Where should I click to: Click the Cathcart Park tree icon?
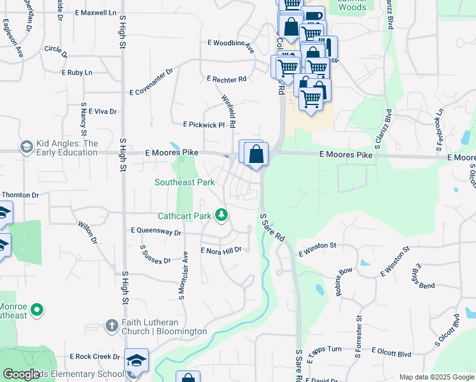pos(221,215)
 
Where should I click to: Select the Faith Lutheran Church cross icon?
pos(111,326)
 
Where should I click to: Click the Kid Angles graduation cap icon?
pos(26,148)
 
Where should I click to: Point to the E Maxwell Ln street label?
pos(95,13)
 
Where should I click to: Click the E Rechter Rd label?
pos(227,80)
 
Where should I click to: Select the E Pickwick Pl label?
pos(204,125)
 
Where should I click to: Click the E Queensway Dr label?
pos(156,231)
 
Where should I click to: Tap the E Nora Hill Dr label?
pos(221,251)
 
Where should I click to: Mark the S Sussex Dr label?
pos(155,255)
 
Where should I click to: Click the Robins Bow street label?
pos(344,281)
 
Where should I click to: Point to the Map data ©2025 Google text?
pos(436,377)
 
